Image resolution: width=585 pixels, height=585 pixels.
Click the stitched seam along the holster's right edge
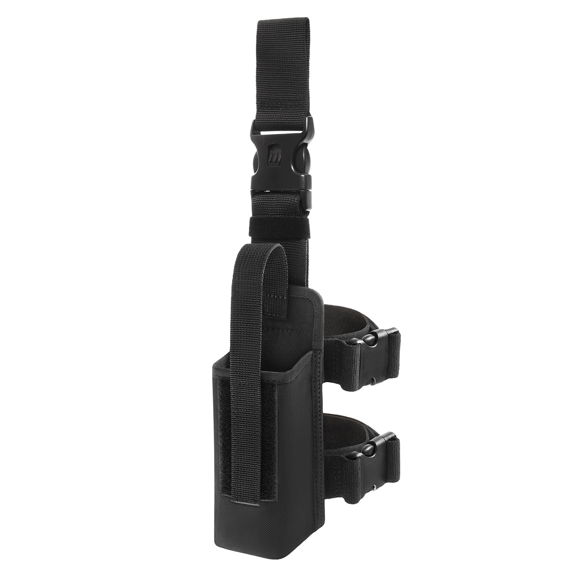pyautogui.click(x=319, y=439)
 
